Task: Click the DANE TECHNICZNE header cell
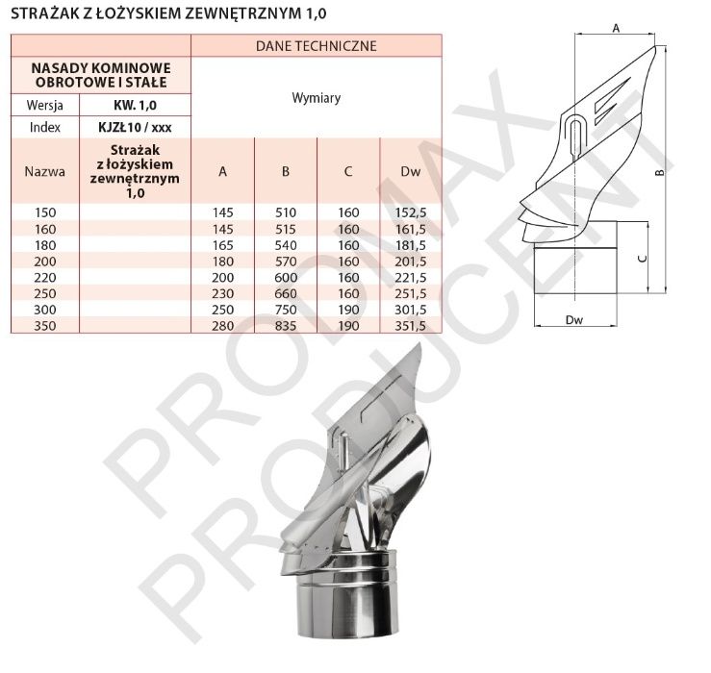coord(316,46)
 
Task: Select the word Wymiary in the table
coord(316,97)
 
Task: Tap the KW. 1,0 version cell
coord(135,105)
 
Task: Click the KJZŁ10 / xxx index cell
coord(135,127)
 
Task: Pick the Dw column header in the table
coord(411,171)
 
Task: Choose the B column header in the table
coord(285,171)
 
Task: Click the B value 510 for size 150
coord(285,212)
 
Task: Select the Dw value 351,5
coord(411,326)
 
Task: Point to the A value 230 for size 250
coord(222,293)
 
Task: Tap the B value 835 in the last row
coord(285,326)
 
